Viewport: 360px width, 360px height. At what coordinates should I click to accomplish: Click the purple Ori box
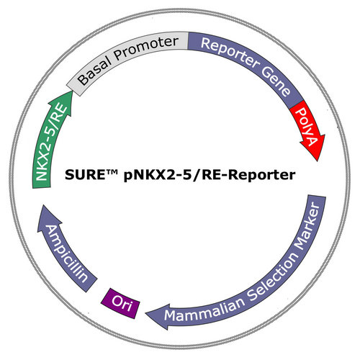coord(120,303)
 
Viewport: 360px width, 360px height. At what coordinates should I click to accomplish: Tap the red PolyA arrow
coord(309,130)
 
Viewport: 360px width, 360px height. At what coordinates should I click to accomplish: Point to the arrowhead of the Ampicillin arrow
coord(48,217)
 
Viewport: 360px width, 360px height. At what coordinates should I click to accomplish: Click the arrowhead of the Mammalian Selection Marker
coord(157,316)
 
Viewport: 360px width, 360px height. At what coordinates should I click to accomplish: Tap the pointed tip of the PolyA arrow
coord(318,161)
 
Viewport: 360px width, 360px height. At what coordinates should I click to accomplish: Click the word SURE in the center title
coord(84,175)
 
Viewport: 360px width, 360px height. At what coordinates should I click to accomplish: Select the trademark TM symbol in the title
coord(111,171)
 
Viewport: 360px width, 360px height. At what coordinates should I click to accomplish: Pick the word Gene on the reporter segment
coord(276,81)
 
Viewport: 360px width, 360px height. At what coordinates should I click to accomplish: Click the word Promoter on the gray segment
coord(146,48)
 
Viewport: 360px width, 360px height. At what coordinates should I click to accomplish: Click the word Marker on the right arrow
coord(308,226)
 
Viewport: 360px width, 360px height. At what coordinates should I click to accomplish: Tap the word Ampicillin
coord(66,253)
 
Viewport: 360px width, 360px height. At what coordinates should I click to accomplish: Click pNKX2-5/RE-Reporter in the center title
coord(210,175)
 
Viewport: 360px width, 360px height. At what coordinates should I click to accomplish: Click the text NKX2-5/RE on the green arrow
coord(51,142)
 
